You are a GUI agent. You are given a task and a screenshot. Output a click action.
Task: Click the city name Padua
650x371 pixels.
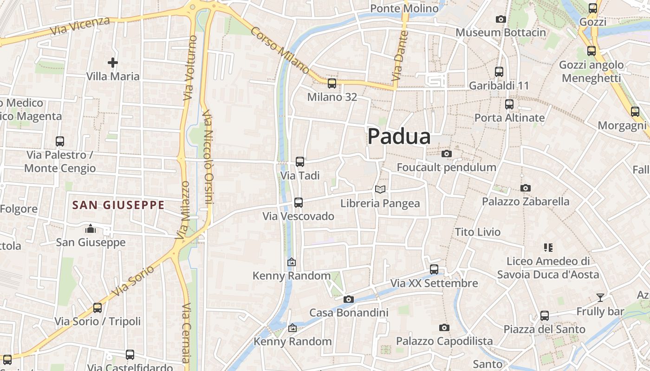[x=399, y=137]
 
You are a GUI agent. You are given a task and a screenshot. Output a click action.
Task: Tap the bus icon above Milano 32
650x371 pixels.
[x=331, y=83]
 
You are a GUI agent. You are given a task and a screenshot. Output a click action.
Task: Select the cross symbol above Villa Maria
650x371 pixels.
[x=112, y=63]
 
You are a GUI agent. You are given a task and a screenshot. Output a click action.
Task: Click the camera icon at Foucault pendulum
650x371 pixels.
[x=446, y=154]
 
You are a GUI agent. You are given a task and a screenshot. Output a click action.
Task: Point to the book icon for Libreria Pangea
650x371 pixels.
[x=380, y=189]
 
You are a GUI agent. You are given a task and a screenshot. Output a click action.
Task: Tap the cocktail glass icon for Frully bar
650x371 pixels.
[x=600, y=297]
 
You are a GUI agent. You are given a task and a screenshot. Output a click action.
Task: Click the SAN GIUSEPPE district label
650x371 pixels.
[x=118, y=205]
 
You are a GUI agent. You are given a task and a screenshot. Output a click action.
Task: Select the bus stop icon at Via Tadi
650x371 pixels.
[x=300, y=162]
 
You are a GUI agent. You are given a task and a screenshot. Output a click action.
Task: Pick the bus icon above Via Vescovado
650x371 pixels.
[x=299, y=203]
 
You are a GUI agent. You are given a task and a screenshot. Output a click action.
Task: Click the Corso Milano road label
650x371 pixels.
[x=280, y=50]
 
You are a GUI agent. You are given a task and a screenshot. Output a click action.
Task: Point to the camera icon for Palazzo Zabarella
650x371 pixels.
[x=525, y=188]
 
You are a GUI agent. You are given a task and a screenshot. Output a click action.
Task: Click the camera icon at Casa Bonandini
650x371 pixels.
[x=348, y=299]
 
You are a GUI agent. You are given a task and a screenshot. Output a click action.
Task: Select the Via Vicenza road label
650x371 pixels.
[x=81, y=27]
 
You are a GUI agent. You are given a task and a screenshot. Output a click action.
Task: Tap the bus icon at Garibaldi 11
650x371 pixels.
[x=499, y=72]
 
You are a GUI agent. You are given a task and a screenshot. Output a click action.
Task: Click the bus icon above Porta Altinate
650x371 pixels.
[x=509, y=104]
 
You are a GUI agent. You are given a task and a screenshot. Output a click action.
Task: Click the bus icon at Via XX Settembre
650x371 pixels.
[x=434, y=269]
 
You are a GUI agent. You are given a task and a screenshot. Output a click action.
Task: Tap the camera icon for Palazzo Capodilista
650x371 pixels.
[x=444, y=327]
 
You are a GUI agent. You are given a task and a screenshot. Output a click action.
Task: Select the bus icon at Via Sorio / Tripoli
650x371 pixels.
[x=97, y=307]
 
